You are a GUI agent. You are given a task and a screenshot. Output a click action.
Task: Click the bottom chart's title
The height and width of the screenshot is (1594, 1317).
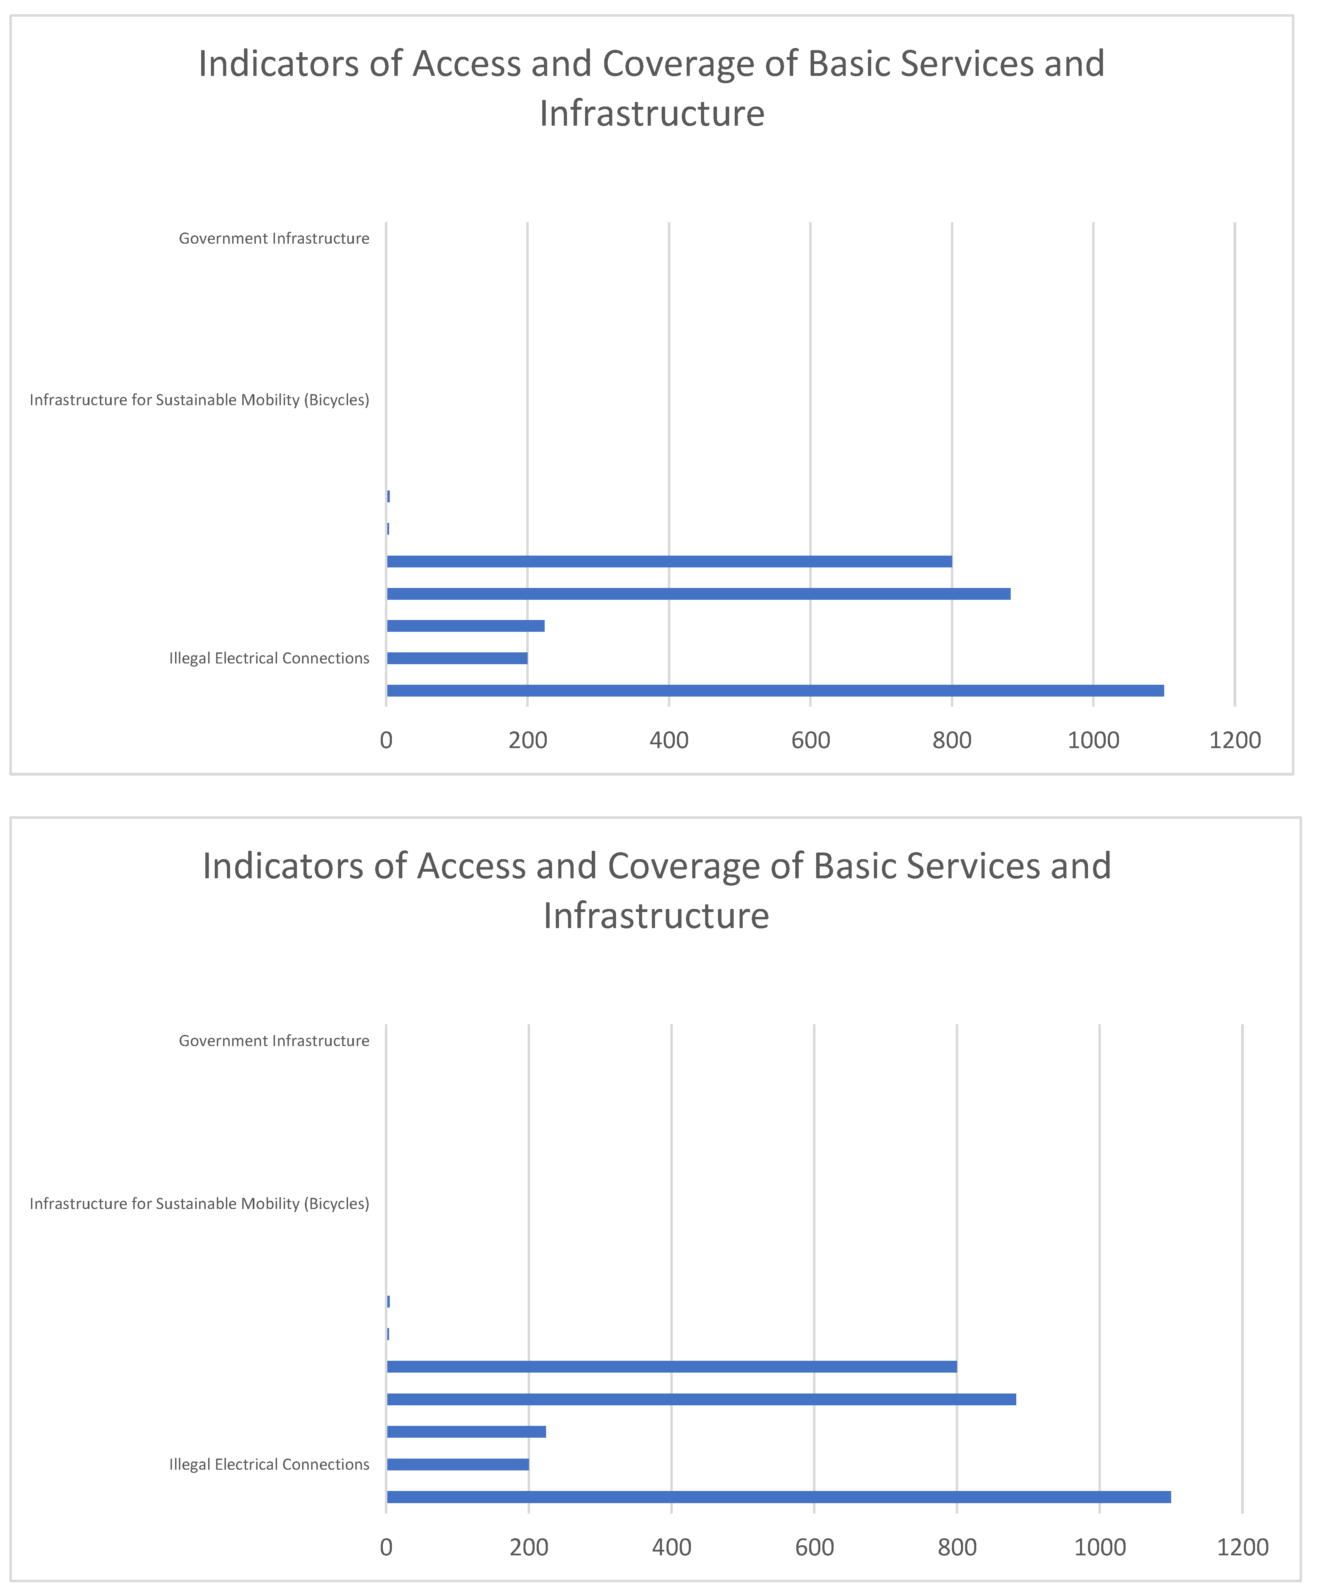[x=656, y=890]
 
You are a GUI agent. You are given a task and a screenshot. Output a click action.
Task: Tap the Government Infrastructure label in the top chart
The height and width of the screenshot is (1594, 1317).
[x=274, y=238]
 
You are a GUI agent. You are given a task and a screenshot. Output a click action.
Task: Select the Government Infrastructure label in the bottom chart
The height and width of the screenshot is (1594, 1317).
[x=274, y=1041]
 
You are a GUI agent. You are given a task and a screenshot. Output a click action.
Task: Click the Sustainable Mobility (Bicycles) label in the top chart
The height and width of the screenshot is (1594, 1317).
[x=199, y=400]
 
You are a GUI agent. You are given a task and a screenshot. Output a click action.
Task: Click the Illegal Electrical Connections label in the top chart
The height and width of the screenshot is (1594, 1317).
[x=269, y=659]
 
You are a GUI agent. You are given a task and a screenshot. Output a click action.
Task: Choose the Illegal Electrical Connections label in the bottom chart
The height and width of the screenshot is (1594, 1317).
[x=269, y=1464]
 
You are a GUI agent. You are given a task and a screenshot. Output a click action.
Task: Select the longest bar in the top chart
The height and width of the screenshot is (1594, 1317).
[x=774, y=690]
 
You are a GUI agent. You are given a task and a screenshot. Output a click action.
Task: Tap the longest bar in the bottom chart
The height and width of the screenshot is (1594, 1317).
[x=778, y=1497]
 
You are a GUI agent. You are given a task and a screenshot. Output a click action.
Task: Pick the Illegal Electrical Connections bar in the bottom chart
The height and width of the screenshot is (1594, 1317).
[x=457, y=1464]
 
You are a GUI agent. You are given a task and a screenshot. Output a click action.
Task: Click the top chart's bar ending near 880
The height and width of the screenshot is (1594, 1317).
[x=698, y=593]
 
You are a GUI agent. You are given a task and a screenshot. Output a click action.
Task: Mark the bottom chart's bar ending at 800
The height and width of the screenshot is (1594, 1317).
[x=671, y=1366]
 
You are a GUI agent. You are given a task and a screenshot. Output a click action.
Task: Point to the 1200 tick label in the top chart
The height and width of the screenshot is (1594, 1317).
[x=1234, y=740]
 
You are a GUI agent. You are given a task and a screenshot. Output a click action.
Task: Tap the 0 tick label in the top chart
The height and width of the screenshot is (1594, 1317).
[x=386, y=740]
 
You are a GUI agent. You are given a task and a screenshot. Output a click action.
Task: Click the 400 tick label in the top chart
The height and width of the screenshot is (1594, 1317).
[x=668, y=740]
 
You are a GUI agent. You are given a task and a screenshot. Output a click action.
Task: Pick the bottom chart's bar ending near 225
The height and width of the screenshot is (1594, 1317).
[x=466, y=1432]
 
